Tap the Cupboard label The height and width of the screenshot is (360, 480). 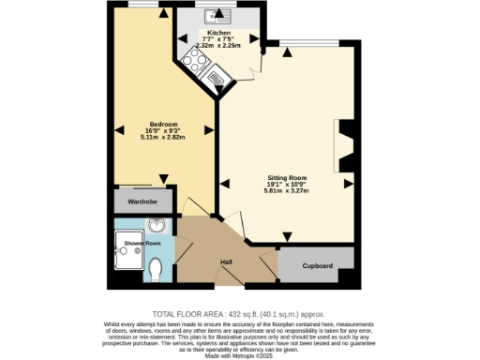[318, 266]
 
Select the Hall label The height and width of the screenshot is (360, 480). [226, 261]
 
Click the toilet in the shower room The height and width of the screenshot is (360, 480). [156, 270]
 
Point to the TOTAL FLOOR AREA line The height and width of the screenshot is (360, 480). [239, 313]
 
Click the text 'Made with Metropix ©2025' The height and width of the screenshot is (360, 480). [239, 353]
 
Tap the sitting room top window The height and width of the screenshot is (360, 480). [296, 42]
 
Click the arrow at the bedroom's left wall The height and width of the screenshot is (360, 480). [117, 129]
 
